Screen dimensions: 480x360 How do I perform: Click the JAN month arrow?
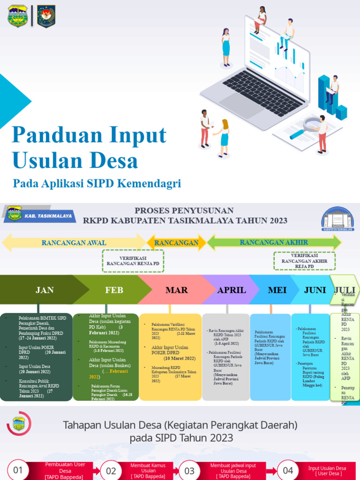[x=45, y=290]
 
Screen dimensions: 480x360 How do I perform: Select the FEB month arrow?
[x=114, y=290]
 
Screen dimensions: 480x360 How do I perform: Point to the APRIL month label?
[x=232, y=290]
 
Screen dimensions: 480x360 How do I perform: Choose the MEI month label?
[x=277, y=290]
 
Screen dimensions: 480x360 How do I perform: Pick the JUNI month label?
[x=315, y=290]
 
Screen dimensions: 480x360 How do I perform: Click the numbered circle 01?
[x=17, y=471]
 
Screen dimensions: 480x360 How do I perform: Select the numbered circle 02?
[x=111, y=471]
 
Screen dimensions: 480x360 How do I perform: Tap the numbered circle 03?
[x=189, y=471]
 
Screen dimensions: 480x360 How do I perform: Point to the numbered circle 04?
[x=288, y=471]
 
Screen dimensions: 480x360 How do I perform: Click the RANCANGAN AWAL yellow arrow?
[x=74, y=242]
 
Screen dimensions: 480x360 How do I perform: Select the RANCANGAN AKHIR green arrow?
[x=274, y=242]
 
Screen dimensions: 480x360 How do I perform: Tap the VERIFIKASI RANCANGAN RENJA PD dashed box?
[x=133, y=261]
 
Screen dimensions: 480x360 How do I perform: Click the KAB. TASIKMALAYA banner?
[x=39, y=216]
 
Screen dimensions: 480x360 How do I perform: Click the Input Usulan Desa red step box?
[x=327, y=471]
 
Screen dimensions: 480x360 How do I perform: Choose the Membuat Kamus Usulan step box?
[x=149, y=471]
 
